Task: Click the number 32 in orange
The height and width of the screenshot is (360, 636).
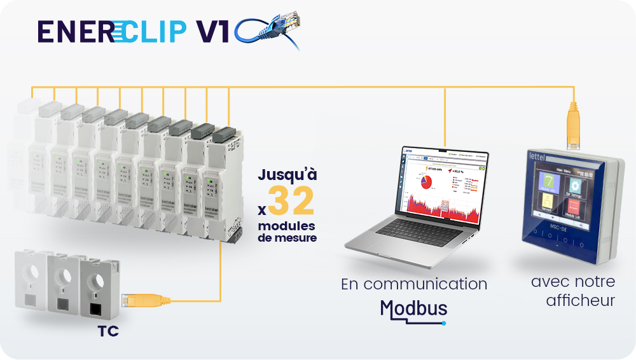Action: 291,202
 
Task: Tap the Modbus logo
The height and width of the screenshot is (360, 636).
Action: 413,309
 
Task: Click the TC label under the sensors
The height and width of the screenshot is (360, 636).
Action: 108,331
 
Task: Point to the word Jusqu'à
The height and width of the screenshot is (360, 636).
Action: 286,174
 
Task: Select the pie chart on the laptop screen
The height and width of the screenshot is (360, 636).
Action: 425,183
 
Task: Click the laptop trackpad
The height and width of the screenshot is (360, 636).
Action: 407,249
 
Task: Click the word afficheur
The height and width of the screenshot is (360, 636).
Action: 581,300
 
